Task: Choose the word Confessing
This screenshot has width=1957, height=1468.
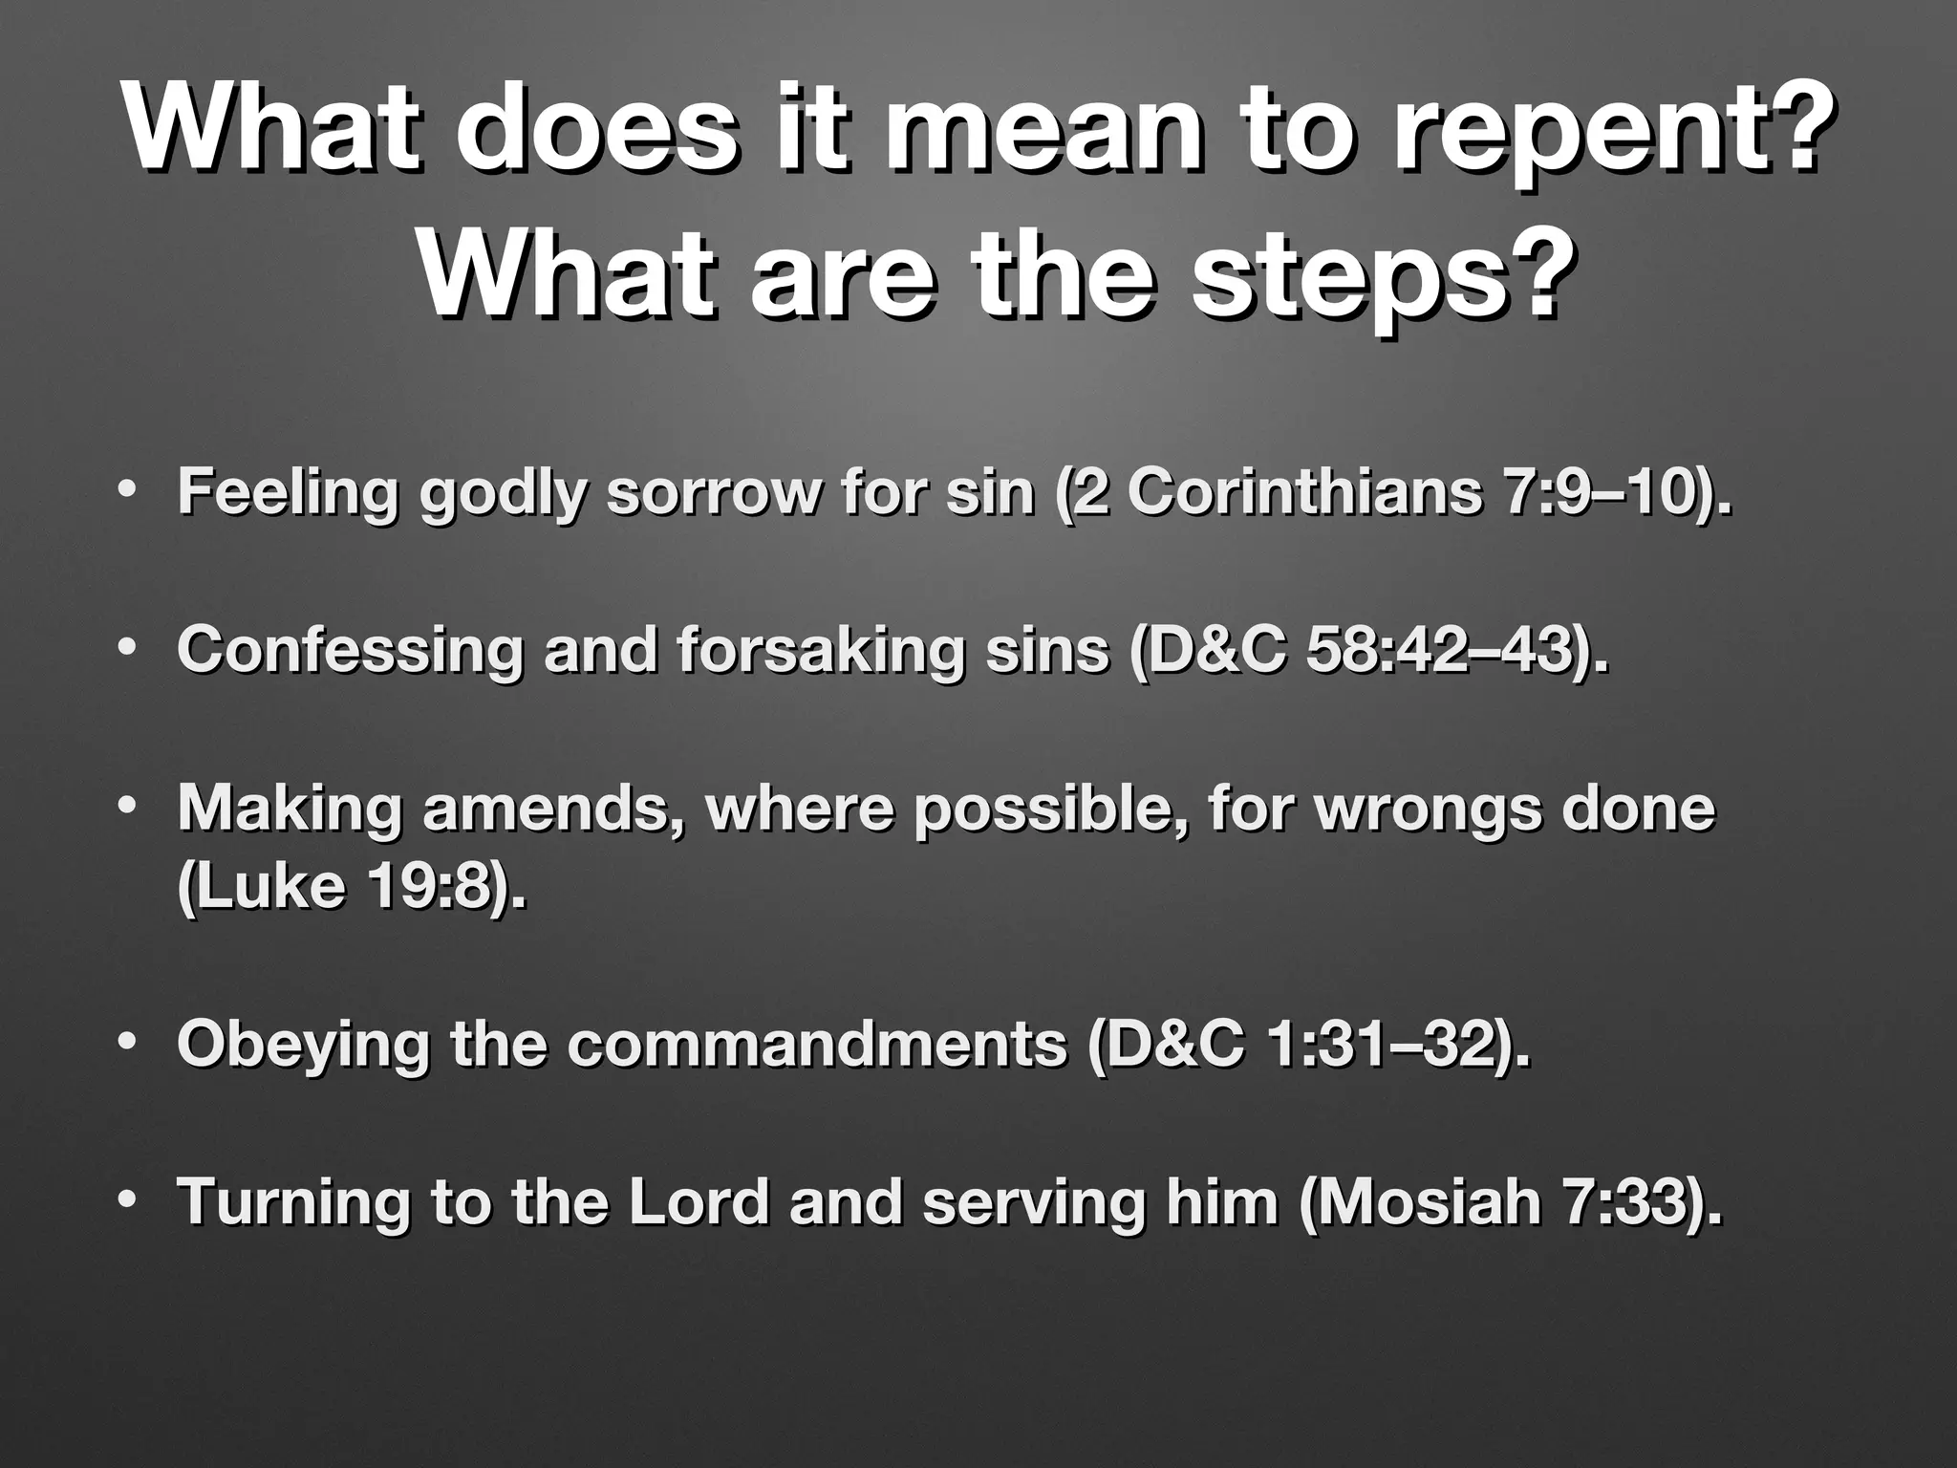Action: pos(350,651)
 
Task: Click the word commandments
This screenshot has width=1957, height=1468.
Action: pos(817,1045)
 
